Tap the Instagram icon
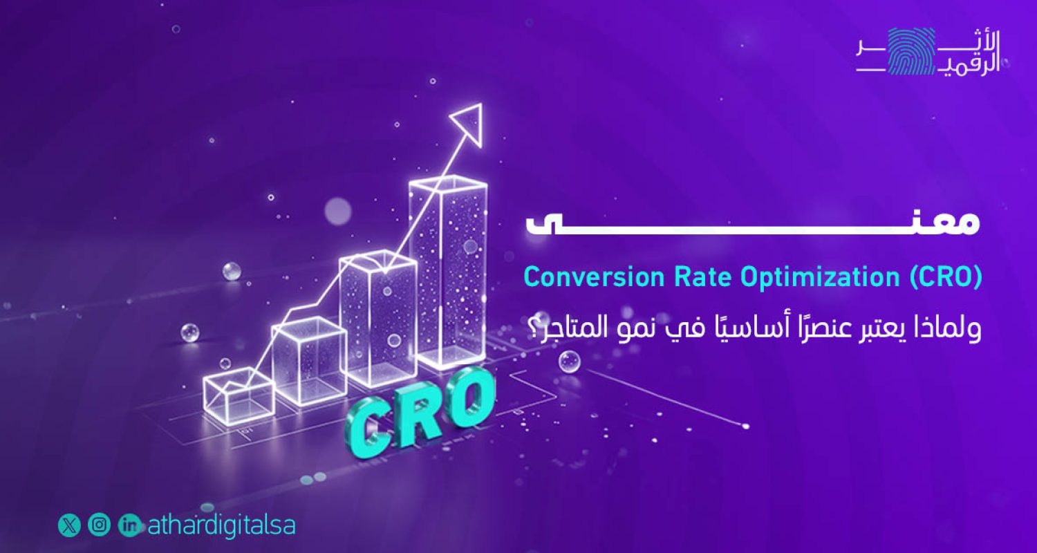click(100, 525)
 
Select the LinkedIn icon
click(129, 525)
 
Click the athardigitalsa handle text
click(221, 525)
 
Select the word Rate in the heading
click(699, 277)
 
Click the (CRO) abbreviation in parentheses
click(946, 277)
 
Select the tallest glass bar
click(448, 273)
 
